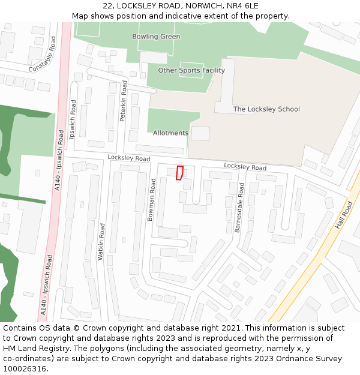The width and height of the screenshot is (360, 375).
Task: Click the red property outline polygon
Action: (x=179, y=173)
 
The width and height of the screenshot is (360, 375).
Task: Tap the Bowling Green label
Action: (x=156, y=37)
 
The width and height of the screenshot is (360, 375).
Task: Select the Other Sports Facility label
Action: (x=191, y=70)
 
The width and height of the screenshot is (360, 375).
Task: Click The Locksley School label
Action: (x=266, y=109)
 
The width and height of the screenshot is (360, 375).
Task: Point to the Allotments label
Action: (x=170, y=133)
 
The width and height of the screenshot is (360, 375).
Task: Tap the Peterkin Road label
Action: (x=124, y=105)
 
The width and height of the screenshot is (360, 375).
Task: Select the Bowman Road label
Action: (x=152, y=200)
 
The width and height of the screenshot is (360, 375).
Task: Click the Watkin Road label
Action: (x=101, y=241)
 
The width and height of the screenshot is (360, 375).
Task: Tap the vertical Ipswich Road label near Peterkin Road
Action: (x=73, y=119)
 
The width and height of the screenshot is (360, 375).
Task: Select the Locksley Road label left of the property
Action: (x=129, y=158)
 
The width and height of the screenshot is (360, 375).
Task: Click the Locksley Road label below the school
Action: (x=245, y=166)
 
